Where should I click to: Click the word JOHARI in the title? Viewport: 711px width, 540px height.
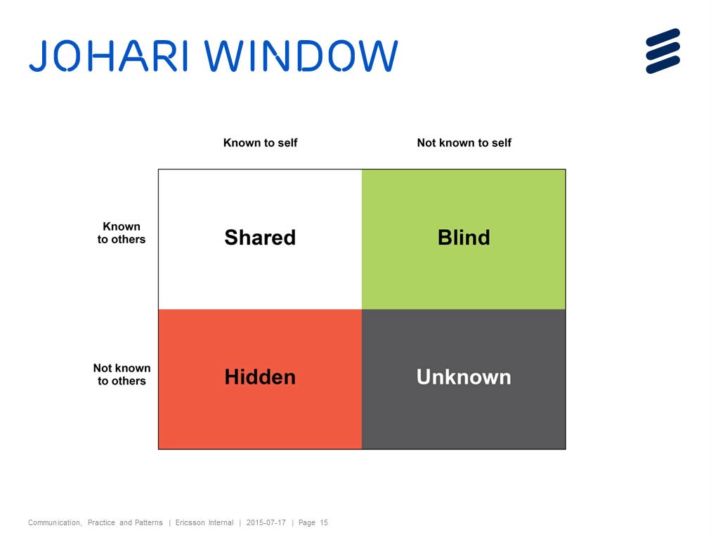108,56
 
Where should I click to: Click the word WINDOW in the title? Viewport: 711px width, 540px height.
301,56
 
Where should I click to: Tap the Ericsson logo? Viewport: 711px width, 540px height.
663,51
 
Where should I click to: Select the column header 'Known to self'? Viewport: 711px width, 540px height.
260,143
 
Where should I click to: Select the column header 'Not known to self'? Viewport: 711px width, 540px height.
464,143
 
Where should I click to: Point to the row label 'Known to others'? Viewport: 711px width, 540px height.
122,233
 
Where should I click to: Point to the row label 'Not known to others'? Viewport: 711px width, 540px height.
122,374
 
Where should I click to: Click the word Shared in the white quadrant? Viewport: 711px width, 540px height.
260,238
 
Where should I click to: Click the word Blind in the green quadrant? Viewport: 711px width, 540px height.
464,238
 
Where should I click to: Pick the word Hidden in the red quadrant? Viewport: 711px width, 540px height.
260,377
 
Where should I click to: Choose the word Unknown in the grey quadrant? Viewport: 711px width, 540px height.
464,377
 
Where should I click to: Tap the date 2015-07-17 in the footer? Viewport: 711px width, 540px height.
266,522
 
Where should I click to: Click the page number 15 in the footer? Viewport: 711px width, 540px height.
324,522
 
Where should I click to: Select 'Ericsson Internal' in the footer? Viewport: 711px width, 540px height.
204,522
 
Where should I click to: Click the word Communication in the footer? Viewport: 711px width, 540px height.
55,522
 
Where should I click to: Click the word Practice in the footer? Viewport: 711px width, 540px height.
101,522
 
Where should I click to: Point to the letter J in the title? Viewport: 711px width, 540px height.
38,56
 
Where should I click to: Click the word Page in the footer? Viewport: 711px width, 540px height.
306,522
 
